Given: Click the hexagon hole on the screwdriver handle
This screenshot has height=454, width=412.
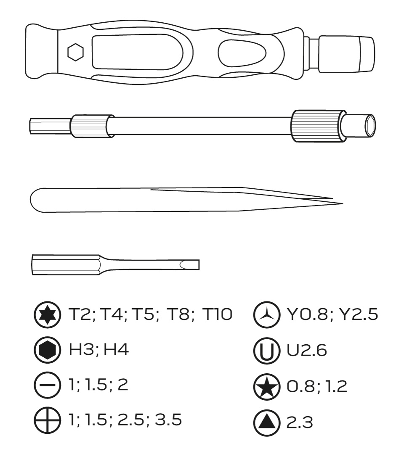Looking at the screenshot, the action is tap(75, 52).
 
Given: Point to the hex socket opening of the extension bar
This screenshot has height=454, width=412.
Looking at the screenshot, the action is tap(370, 125).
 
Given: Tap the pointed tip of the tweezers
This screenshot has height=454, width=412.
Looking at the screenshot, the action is tap(343, 203).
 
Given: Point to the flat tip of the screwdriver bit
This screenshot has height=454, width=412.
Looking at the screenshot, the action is tap(199, 265).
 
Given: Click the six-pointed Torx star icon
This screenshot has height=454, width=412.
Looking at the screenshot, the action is tap(47, 314).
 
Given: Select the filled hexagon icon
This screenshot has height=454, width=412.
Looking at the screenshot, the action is tap(47, 350).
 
